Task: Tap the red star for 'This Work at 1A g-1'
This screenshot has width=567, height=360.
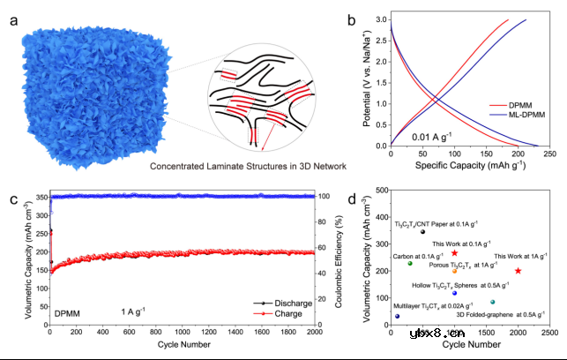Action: pos(518,271)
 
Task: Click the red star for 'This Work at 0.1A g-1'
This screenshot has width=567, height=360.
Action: pos(455,253)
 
